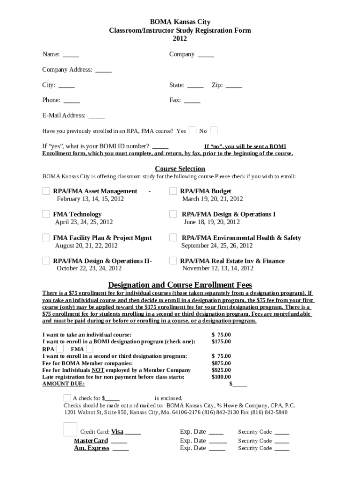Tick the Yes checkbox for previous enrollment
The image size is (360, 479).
[193, 131]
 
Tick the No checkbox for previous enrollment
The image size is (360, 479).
[214, 131]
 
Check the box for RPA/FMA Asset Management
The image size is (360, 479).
[46, 191]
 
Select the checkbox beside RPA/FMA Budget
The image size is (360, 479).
[173, 191]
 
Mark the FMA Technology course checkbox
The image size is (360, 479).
[46, 214]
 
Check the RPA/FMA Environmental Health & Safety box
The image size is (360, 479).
[173, 237]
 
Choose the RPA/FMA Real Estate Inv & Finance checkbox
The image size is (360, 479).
[173, 261]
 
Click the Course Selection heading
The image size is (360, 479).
[180, 169]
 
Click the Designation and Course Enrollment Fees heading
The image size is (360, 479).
[180, 285]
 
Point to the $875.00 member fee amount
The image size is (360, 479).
[221, 363]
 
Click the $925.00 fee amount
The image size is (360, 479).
[221, 370]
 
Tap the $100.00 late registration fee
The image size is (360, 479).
[221, 377]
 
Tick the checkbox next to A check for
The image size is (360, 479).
[67, 398]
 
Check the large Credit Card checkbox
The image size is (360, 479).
[70, 429]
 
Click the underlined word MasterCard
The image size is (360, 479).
[91, 441]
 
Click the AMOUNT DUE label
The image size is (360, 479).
[64, 384]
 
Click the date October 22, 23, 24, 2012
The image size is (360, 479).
[89, 269]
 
